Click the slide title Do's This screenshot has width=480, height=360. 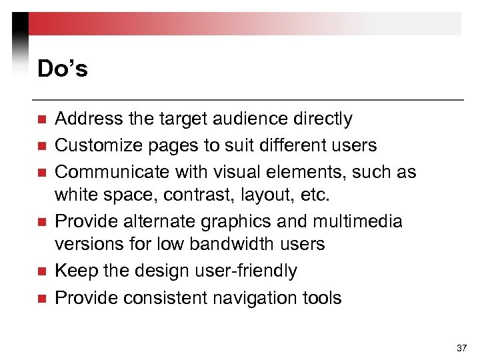pyautogui.click(x=63, y=69)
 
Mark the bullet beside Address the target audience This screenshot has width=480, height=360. pyautogui.click(x=41, y=120)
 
